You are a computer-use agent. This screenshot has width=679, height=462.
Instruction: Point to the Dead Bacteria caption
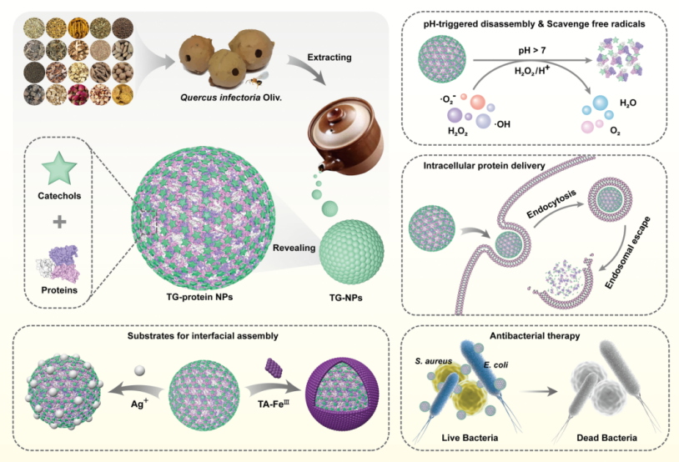pos(603,437)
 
